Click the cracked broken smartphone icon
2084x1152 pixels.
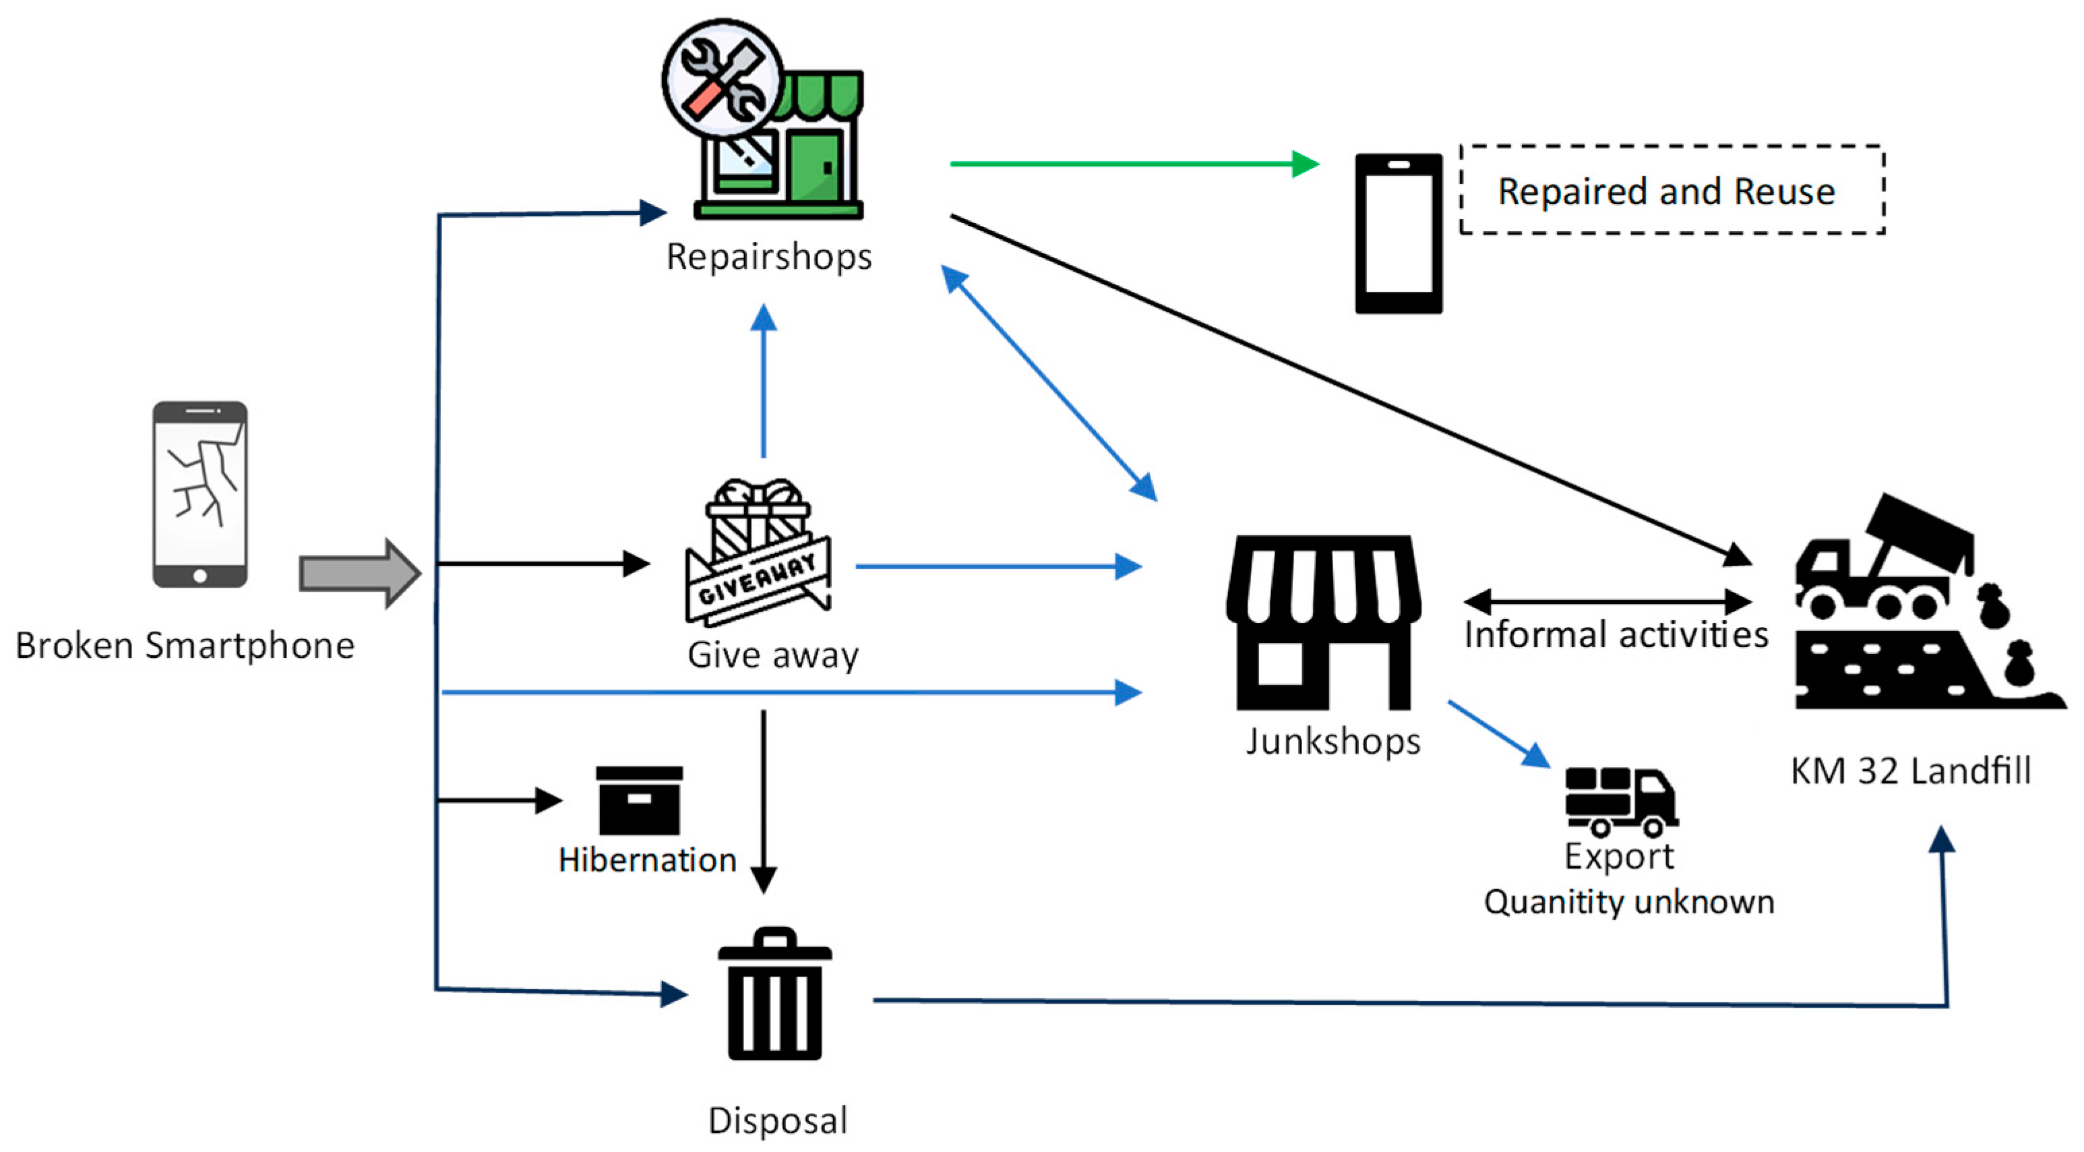point(200,493)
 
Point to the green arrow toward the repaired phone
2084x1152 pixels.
point(1132,164)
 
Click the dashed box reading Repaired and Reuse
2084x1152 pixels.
point(1672,191)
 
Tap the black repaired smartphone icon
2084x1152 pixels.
point(1398,233)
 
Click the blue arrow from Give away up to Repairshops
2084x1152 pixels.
point(763,380)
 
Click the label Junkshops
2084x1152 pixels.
point(1332,741)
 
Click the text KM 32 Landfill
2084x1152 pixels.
point(1910,770)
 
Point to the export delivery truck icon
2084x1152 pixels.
point(1620,801)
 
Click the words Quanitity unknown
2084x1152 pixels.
point(1628,901)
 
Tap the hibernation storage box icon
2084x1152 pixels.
point(639,800)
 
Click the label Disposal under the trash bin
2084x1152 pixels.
point(777,1120)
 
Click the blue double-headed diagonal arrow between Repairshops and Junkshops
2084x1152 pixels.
point(1049,384)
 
